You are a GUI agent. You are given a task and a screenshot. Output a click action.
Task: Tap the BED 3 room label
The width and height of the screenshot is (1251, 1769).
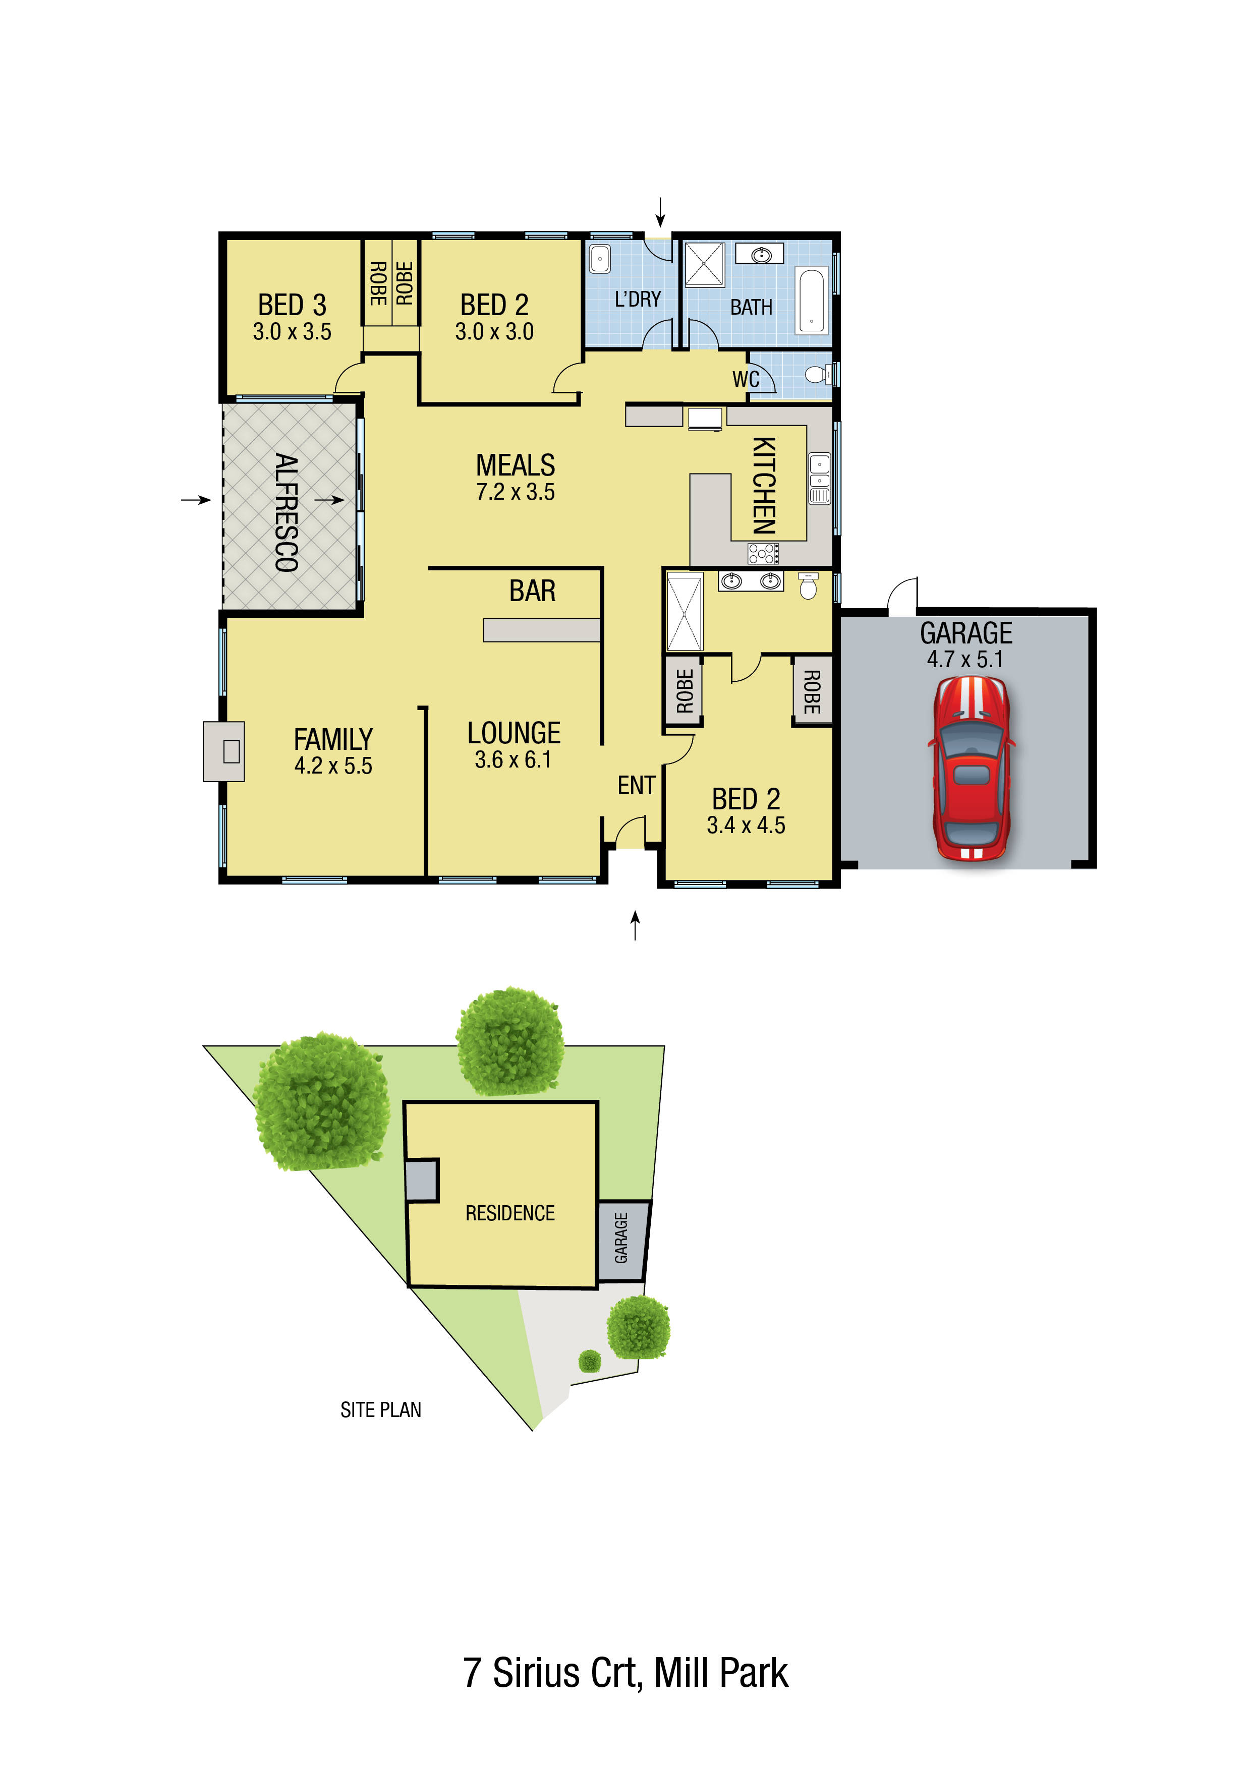292,305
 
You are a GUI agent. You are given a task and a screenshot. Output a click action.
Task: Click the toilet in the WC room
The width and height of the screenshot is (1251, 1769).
817,375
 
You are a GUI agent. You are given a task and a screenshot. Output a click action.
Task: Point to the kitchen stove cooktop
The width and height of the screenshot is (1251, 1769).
763,552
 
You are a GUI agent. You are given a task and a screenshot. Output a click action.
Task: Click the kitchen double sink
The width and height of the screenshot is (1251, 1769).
819,478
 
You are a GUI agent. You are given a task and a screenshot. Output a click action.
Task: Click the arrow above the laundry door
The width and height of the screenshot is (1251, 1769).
660,211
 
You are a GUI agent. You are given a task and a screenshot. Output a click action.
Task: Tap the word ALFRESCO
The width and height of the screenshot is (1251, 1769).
286,512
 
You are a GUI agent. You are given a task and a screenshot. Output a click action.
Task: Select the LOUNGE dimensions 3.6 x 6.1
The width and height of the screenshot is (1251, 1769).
514,759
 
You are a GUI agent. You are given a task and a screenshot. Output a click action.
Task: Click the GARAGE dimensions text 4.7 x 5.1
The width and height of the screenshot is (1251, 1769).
965,660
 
